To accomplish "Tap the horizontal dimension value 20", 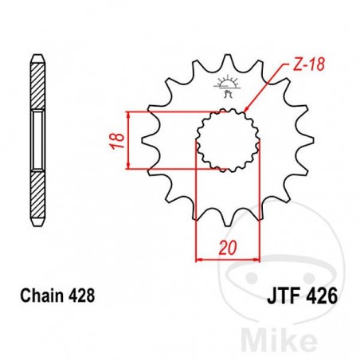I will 229,248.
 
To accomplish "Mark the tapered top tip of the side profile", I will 37,57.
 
